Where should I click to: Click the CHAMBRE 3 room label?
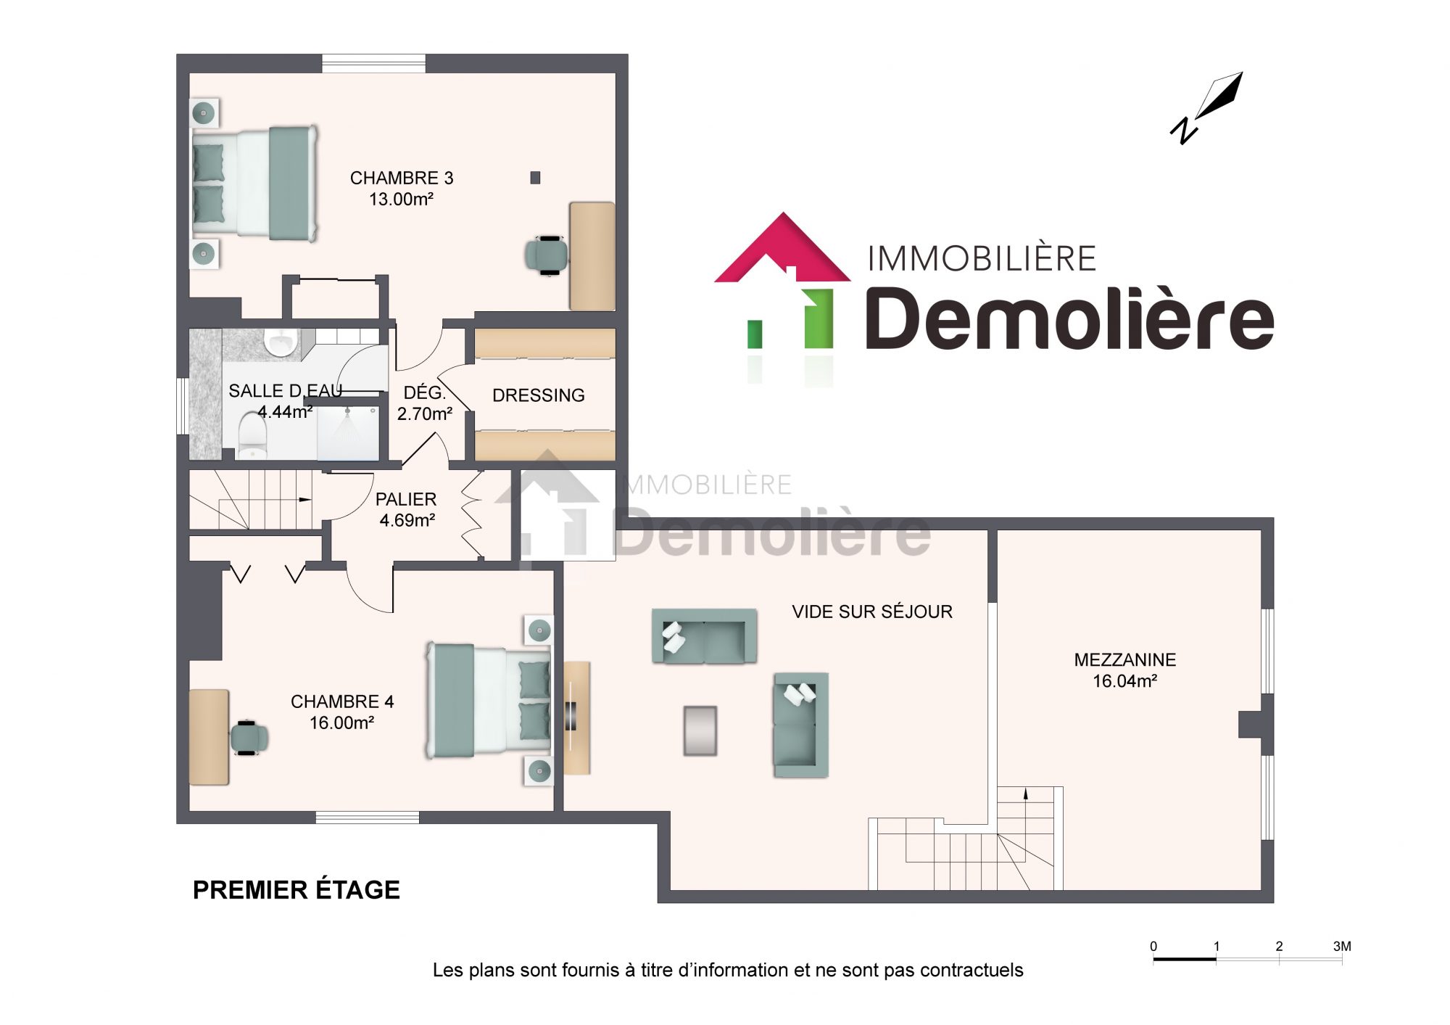pyautogui.click(x=402, y=178)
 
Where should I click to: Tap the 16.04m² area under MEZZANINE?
pyautogui.click(x=1124, y=681)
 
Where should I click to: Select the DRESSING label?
pyautogui.click(x=539, y=395)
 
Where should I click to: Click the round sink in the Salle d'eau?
pyautogui.click(x=281, y=342)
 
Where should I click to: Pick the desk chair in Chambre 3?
pyautogui.click(x=546, y=255)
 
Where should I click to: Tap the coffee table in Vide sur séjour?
pyautogui.click(x=700, y=731)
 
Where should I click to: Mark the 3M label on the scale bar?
pyautogui.click(x=1342, y=946)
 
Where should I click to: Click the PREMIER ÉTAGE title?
pyautogui.click(x=297, y=890)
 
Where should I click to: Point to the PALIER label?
pyautogui.click(x=406, y=499)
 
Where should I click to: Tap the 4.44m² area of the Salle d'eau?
pyautogui.click(x=285, y=412)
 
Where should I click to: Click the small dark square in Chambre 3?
pyautogui.click(x=535, y=178)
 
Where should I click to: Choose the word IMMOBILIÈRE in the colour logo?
pyautogui.click(x=982, y=258)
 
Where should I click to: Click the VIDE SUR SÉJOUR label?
pyautogui.click(x=872, y=612)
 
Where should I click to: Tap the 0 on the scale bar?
pyautogui.click(x=1153, y=946)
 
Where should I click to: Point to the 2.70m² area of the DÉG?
pyautogui.click(x=425, y=414)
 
